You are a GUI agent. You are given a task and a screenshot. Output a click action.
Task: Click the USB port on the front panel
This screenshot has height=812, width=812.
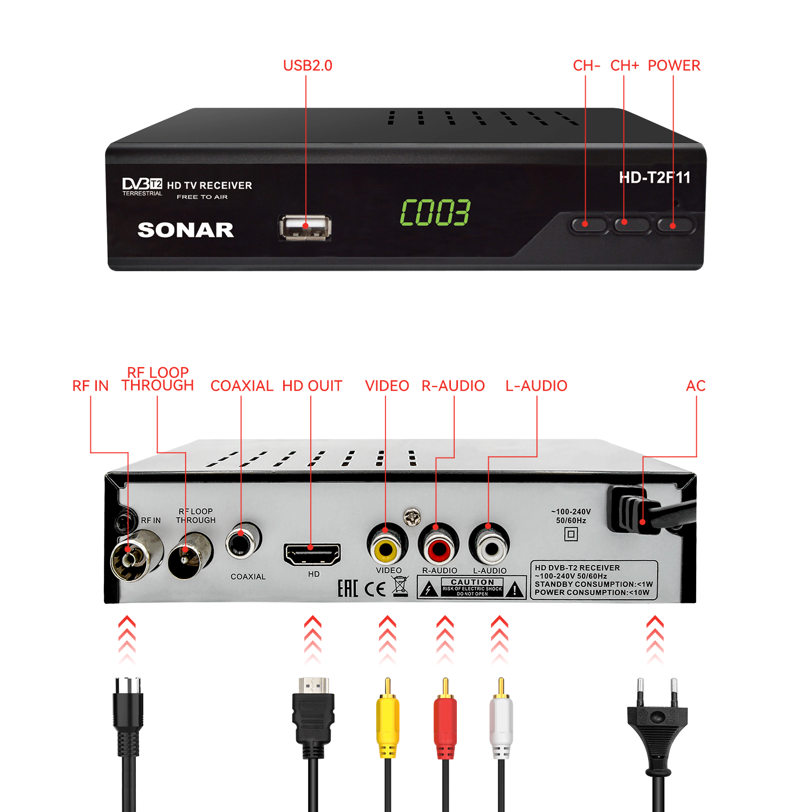(305, 227)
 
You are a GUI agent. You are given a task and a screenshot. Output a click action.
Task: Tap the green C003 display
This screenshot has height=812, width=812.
(435, 212)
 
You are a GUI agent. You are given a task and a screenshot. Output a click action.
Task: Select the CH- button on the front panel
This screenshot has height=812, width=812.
(587, 224)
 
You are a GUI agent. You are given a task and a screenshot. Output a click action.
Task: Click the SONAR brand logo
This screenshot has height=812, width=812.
(186, 230)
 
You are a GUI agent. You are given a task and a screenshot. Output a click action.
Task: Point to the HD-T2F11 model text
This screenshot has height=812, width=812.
(654, 178)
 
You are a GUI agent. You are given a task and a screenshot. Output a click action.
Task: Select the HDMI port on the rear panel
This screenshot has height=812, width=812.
(312, 554)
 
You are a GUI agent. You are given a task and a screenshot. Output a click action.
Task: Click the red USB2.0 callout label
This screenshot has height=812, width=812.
(307, 66)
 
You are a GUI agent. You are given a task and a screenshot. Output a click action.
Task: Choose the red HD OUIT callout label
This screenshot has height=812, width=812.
(312, 385)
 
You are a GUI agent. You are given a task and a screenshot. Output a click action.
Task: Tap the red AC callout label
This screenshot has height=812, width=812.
(696, 385)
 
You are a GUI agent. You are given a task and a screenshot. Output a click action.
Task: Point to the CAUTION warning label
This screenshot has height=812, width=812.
(472, 587)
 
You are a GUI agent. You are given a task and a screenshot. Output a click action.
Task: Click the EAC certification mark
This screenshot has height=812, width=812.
(348, 588)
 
